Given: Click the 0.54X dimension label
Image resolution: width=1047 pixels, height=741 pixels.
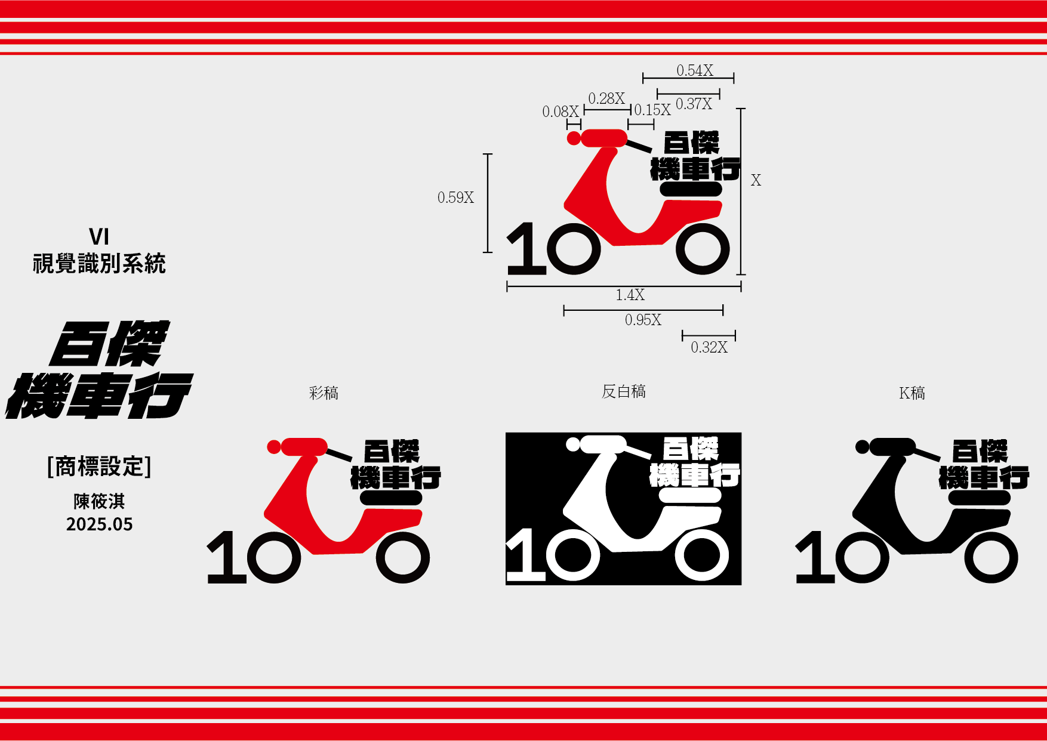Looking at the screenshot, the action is (695, 70).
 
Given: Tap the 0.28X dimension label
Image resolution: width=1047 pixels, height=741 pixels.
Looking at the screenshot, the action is (606, 98).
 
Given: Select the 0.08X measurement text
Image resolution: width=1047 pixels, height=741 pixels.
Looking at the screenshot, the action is (561, 112).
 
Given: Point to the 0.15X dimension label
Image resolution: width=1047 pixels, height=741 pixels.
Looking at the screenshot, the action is (652, 110).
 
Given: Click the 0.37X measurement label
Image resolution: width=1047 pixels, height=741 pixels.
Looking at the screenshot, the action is (694, 104).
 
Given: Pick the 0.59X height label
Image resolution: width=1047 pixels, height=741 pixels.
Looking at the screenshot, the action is (455, 197).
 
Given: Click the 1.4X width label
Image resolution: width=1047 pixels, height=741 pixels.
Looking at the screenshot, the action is (630, 295).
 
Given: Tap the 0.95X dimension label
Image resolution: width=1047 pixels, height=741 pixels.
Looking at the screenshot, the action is (643, 320).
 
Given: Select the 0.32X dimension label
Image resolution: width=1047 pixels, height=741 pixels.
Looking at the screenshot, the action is (709, 347).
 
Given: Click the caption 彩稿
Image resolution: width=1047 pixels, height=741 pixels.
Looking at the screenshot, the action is (324, 393).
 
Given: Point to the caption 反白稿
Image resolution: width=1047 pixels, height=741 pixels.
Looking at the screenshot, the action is (624, 391).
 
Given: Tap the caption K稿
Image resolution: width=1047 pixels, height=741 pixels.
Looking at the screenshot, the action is (912, 393).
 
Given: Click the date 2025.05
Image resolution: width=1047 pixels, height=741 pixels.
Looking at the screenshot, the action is (100, 524).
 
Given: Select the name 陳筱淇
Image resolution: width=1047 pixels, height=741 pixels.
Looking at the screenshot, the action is (99, 501).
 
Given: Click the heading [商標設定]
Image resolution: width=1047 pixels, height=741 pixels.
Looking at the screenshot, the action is (99, 467).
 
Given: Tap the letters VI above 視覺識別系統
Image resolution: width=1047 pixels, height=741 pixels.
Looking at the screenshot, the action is (99, 237).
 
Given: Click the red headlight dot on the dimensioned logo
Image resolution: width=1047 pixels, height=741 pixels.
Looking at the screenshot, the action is (574, 138).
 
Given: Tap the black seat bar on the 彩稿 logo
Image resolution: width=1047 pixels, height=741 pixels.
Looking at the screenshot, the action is (391, 498).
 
